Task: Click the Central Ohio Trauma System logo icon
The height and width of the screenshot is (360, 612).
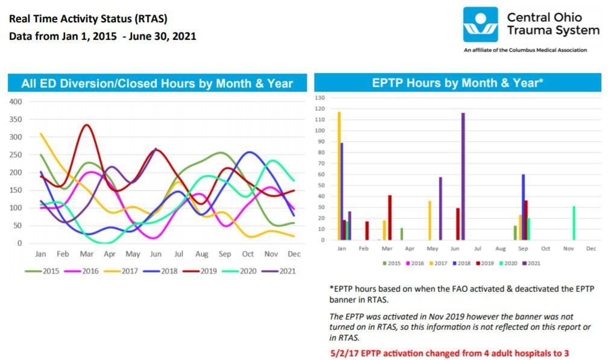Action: (481, 25)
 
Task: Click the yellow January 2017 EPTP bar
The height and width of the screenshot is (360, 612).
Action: (339, 175)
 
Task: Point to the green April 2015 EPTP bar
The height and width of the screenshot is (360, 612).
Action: (402, 234)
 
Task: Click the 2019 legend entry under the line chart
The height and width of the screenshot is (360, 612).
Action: (203, 271)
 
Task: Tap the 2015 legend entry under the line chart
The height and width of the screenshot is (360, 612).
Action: (45, 271)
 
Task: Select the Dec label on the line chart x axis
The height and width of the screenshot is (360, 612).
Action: (294, 254)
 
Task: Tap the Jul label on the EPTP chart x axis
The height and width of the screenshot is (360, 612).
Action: (477, 248)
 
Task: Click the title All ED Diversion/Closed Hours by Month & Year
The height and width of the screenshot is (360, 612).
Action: (157, 83)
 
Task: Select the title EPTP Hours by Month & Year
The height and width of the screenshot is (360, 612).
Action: (458, 83)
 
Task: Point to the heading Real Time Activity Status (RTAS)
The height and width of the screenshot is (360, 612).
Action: (88, 19)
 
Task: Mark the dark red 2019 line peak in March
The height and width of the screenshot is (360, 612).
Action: (87, 125)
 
